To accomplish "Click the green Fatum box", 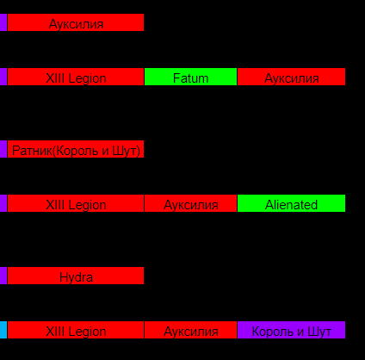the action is (190, 77).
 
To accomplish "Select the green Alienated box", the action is (291, 203).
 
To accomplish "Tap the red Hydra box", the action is (76, 276).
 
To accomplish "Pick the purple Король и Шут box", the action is (291, 330).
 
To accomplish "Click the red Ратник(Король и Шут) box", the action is (76, 149).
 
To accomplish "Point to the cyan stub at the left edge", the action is (3, 330).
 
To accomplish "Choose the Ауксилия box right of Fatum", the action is (291, 77).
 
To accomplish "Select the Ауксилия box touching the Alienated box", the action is (190, 203).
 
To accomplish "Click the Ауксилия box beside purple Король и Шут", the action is (190, 330).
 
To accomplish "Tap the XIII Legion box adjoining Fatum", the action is (76, 77).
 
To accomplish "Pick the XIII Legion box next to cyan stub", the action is (76, 330).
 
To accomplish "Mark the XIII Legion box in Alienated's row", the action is (76, 203).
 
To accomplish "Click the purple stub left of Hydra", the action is (3, 276).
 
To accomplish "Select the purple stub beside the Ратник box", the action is (3, 149).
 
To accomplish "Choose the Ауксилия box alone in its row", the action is (76, 22).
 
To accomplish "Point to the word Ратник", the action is (32, 151).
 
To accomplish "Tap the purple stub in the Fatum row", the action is (3, 77).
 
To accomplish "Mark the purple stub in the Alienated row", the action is (3, 203).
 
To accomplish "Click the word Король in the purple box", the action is (274, 332).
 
